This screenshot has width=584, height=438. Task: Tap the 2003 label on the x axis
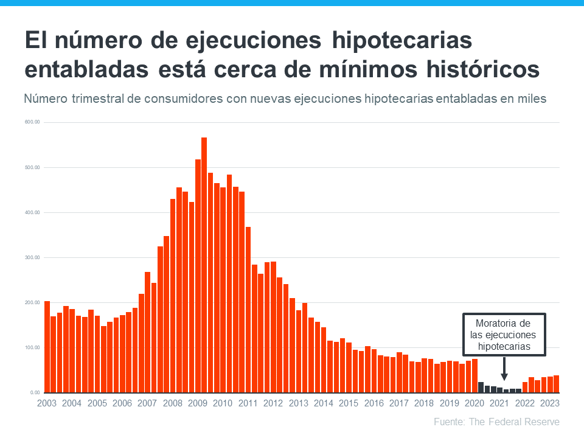coord(46,403)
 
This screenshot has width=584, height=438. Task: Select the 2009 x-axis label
coord(198,403)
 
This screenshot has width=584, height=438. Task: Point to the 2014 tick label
coord(323,403)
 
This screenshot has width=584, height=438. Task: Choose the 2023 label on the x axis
coord(549,403)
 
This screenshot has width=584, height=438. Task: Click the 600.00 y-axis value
coord(32,122)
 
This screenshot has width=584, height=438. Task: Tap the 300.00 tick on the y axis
coord(32,257)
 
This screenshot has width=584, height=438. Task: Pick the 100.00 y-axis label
coord(32,347)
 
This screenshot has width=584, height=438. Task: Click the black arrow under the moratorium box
coord(504,366)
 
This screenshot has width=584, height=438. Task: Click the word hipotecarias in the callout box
coord(504,347)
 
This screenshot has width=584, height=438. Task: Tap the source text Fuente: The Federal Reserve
coord(496,422)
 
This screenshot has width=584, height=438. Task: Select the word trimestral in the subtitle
coord(98,98)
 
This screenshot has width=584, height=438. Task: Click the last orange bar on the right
coord(556,384)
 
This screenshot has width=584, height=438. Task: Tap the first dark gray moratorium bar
coord(481,387)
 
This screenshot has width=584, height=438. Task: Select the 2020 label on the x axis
coord(474,403)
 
